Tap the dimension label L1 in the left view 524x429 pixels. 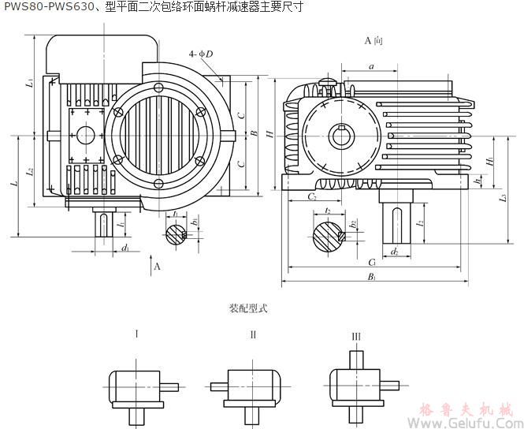tap(29, 82)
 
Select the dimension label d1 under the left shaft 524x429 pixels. tap(125, 248)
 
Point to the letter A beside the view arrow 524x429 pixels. tap(157, 267)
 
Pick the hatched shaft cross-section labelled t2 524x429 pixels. tap(327, 235)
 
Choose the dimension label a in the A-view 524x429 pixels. tap(371, 67)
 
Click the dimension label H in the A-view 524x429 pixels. tap(269, 135)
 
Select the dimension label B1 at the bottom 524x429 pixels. tap(371, 277)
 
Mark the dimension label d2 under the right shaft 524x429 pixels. tap(394, 252)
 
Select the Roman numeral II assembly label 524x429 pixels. tap(253, 334)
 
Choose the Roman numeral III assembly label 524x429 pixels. tap(356, 337)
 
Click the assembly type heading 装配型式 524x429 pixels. tap(248, 308)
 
